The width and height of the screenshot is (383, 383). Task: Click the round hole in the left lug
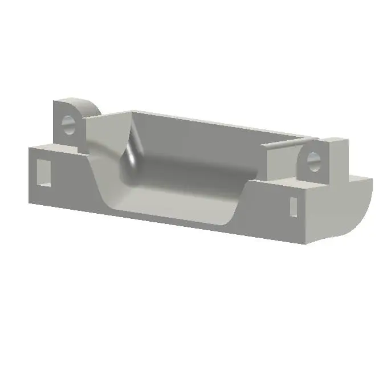click(x=68, y=125)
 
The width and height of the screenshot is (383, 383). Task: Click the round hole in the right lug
click(x=313, y=162)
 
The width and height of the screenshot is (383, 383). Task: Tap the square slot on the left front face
click(x=43, y=172)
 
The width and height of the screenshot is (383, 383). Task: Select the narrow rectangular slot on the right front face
click(x=293, y=206)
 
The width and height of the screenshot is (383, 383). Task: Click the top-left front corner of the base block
click(x=30, y=148)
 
